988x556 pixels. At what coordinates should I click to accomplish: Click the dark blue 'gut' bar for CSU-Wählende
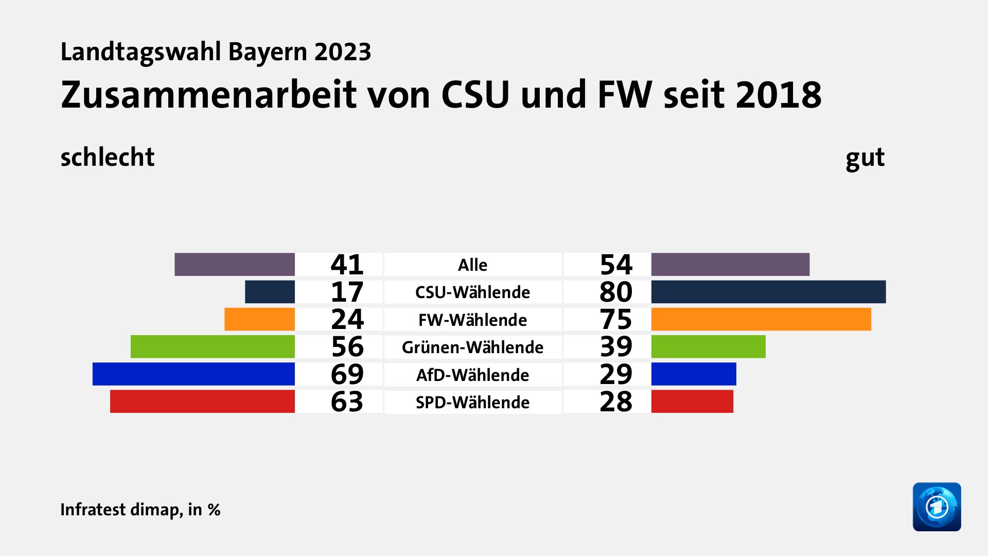(768, 292)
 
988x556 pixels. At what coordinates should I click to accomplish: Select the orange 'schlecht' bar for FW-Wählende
(259, 319)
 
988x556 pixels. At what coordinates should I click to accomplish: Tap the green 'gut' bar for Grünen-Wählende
(708, 346)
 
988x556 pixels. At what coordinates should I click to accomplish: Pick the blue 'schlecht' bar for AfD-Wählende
(193, 374)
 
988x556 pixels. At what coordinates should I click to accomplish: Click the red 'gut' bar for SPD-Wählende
(692, 402)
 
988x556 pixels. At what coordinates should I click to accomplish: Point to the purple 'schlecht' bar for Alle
(235, 264)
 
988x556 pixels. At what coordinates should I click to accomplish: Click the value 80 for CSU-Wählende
(615, 292)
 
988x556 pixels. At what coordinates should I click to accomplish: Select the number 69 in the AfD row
(347, 374)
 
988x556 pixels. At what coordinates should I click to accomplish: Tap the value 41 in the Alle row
(347, 265)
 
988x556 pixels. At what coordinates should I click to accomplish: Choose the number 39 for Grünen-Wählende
(615, 346)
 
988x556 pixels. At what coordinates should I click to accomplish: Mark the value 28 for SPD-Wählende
(615, 402)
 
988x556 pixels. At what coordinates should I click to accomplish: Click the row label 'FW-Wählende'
(472, 320)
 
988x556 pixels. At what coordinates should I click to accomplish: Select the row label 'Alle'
(472, 265)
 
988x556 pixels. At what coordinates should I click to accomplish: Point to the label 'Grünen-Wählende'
(472, 347)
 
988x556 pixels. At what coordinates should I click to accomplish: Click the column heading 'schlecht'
(107, 157)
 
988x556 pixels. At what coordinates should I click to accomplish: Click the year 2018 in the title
(778, 95)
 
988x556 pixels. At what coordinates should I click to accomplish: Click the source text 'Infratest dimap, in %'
(140, 509)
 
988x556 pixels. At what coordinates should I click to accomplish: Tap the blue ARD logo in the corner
(937, 507)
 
